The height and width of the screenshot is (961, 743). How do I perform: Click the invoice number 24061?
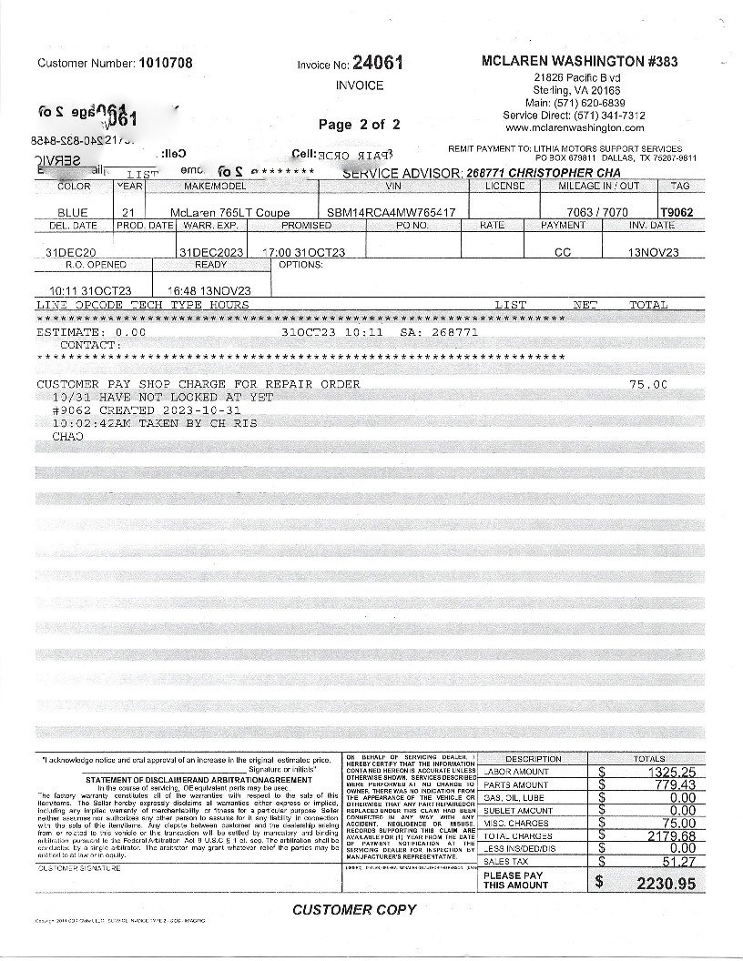[377, 63]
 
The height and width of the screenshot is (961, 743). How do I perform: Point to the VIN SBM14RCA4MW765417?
[392, 213]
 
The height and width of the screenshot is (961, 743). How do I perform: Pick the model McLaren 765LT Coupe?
[223, 213]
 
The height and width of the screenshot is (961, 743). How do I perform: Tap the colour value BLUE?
[73, 213]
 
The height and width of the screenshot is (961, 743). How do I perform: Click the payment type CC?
[563, 252]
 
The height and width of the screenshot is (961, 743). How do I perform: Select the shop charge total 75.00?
[648, 384]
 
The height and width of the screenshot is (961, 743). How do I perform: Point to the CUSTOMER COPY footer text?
[354, 909]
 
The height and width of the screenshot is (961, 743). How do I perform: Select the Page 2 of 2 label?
[359, 125]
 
